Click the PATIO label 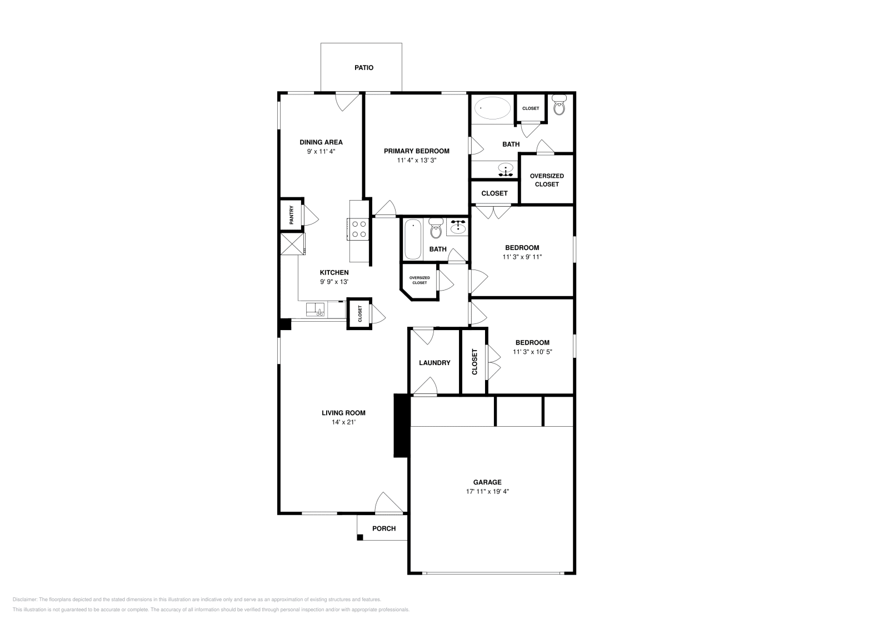click(x=364, y=68)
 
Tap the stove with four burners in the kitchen click(x=358, y=229)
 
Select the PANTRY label click(x=291, y=215)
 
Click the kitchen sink click(x=315, y=309)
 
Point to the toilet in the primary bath click(x=559, y=106)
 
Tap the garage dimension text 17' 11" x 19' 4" click(x=487, y=491)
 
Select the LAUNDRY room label click(x=434, y=363)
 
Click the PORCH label click(x=384, y=528)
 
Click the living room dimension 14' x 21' click(x=343, y=422)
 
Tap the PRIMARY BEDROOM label click(x=416, y=151)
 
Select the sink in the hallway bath click(x=458, y=227)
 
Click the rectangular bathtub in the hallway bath click(x=412, y=239)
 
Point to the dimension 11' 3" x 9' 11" click(x=522, y=257)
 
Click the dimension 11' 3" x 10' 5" click(x=532, y=352)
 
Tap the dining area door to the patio click(x=347, y=101)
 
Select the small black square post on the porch click(x=359, y=537)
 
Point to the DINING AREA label click(x=321, y=142)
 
